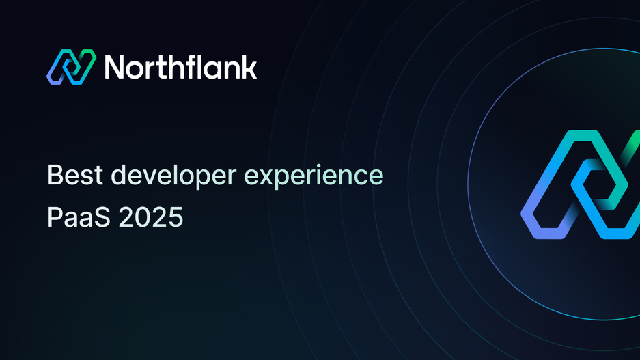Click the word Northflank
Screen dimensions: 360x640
click(x=180, y=67)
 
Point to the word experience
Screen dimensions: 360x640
click(x=314, y=176)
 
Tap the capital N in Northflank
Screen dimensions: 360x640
click(x=115, y=68)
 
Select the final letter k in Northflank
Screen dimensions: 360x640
click(x=250, y=67)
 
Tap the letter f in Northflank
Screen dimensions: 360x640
click(x=190, y=66)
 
